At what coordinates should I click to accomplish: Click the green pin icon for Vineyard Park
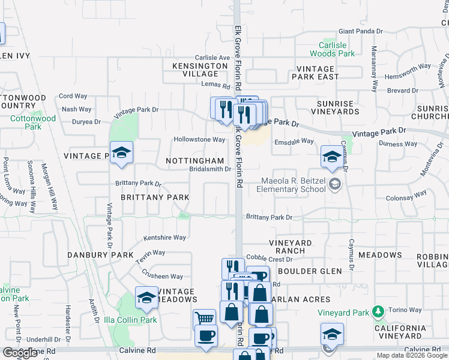point(377,311)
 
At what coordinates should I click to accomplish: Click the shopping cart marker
point(205,319)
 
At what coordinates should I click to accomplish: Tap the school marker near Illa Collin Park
point(146,297)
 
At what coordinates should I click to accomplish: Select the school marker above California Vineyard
point(332,333)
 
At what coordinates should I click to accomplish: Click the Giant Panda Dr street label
point(361,31)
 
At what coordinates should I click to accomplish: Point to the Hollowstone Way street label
point(199,139)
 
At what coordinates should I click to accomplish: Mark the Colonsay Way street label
point(406,194)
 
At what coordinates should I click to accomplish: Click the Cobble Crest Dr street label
point(269,259)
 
